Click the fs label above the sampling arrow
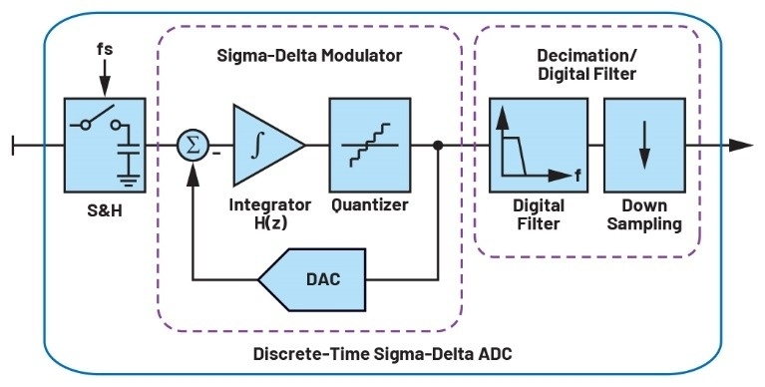tap(105, 49)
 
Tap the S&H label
tap(105, 210)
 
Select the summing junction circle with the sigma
tap(192, 146)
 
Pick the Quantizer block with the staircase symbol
tap(370, 145)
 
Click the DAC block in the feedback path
tap(312, 279)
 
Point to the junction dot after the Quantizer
tap(438, 145)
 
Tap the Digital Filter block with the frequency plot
tap(539, 145)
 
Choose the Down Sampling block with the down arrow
tap(644, 145)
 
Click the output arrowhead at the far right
tap(741, 145)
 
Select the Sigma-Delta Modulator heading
tap(309, 55)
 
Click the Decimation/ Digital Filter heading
tap(586, 65)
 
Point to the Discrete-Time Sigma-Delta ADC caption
tap(383, 353)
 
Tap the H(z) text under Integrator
tap(270, 222)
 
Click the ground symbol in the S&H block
tap(129, 178)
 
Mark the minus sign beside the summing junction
tap(216, 154)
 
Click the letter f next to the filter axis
tap(577, 176)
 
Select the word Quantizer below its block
tap(370, 204)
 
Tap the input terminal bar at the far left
tap(13, 145)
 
